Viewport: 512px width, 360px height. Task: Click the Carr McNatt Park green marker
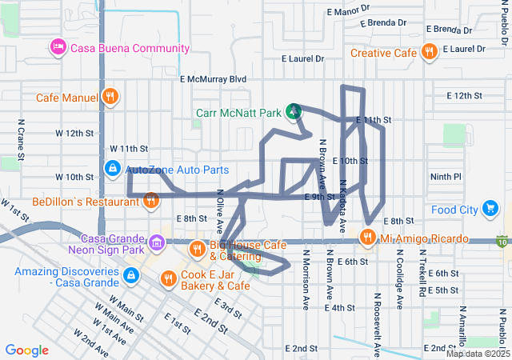click(294, 110)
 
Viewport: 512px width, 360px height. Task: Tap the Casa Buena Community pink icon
click(58, 48)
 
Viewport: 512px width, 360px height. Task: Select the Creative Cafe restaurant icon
click(430, 53)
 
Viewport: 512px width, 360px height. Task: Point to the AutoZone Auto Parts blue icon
click(113, 170)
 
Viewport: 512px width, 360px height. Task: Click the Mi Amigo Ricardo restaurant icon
click(367, 237)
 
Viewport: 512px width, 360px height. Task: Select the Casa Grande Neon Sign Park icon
click(157, 240)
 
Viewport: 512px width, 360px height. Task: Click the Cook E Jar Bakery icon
click(168, 279)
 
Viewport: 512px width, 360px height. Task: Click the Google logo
click(27, 350)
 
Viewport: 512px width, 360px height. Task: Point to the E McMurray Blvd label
click(214, 79)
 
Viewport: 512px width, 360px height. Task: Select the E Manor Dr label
click(350, 11)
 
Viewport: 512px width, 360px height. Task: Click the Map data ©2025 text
click(478, 353)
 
